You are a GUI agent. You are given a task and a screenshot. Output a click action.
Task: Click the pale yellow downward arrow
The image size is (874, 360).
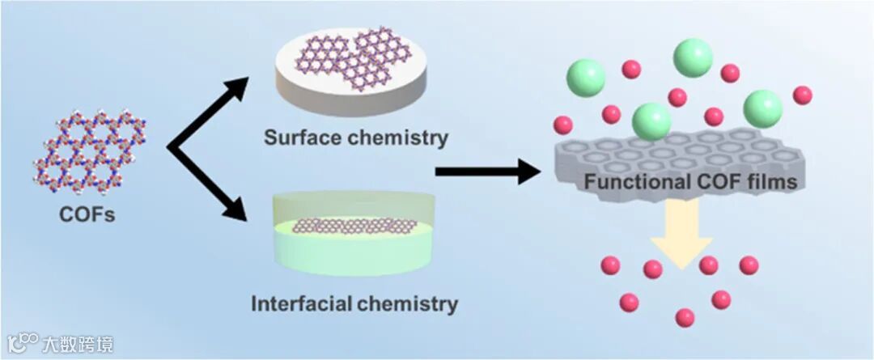679,235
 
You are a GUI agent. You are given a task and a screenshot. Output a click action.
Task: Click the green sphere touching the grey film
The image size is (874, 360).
651,121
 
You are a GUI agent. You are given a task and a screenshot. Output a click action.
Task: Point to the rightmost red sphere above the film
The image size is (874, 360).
802,95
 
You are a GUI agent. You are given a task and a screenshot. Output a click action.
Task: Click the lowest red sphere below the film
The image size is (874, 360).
685,317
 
